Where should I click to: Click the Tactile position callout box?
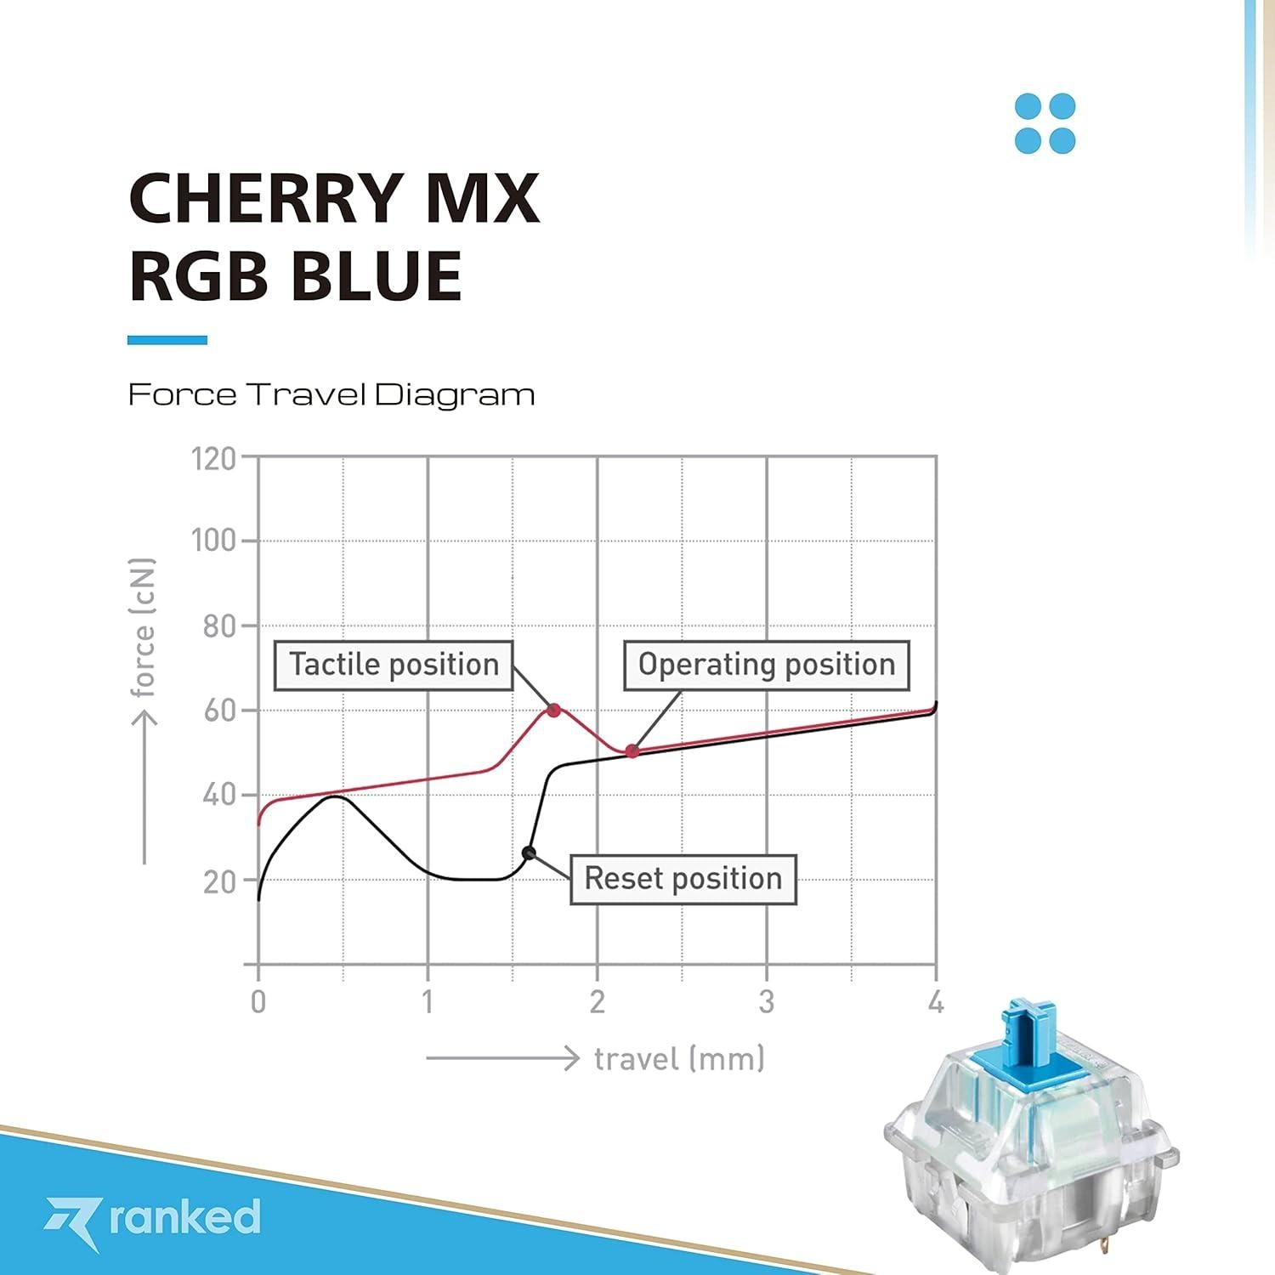(394, 665)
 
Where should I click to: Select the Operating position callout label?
(767, 665)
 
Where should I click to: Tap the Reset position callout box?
(683, 878)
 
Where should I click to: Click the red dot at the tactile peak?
(554, 710)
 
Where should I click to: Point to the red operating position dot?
(632, 751)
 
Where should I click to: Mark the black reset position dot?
(529, 853)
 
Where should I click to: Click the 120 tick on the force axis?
(213, 459)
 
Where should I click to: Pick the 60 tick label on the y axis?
(219, 711)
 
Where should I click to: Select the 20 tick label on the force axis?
(219, 881)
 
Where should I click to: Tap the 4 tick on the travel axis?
(936, 1003)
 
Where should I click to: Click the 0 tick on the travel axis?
(258, 1003)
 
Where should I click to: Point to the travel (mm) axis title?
(679, 1059)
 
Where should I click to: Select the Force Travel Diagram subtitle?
(331, 394)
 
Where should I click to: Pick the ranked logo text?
(184, 1217)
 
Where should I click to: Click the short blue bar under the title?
(167, 340)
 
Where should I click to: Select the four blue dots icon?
(1045, 123)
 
